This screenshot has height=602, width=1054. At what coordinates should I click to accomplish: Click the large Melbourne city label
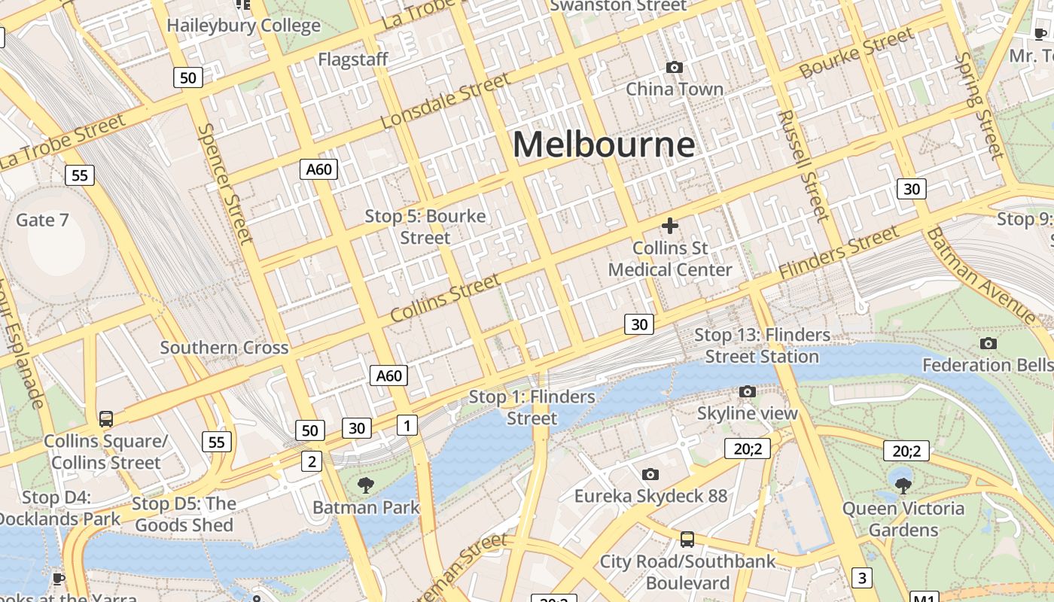coord(604,144)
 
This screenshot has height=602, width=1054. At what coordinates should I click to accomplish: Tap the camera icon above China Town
coord(675,68)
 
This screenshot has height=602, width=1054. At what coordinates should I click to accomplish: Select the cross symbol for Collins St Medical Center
coord(669,226)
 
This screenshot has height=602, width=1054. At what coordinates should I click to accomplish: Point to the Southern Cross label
coord(224,348)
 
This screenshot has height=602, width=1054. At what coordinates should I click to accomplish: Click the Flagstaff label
coord(353,59)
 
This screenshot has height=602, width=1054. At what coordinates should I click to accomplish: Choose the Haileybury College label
coord(243,26)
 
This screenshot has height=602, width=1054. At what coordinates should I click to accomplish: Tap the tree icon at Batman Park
coord(366,485)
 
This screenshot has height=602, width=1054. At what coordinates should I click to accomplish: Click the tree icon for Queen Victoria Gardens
coord(903,485)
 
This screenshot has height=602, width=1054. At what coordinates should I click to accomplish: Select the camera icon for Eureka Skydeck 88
coord(650,474)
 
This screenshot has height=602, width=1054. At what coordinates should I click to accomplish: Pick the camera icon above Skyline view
coord(747,391)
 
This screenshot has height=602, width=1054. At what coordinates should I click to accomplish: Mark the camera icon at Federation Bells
coord(989,343)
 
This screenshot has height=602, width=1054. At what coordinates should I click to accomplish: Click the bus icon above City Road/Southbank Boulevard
coord(687,539)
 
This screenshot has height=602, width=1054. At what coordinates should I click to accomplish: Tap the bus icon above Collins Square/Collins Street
coord(106,419)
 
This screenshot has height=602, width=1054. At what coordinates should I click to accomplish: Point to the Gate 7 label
coord(42,220)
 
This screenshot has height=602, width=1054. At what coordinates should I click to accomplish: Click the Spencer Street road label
coord(224,183)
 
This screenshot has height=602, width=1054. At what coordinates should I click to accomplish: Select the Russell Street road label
coord(803,166)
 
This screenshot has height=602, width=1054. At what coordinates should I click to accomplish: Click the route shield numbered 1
coord(407,425)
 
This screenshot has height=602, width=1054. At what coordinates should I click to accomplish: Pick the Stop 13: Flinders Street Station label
coord(762,345)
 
